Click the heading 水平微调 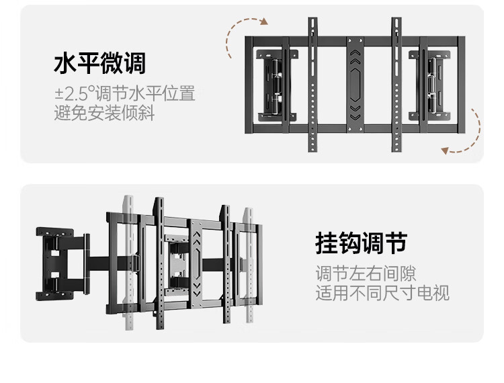[x=99, y=63]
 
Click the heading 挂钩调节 [x=362, y=243]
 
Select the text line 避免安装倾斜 [x=104, y=113]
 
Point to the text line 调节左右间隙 [x=366, y=273]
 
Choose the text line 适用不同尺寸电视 [x=382, y=293]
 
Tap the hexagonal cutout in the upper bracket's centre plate [x=355, y=85]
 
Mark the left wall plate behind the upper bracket [x=276, y=85]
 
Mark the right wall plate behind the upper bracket [x=429, y=85]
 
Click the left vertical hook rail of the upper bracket [x=312, y=85]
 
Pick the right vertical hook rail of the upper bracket [x=396, y=85]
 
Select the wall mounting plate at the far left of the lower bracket [x=54, y=264]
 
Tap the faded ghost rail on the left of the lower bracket [x=128, y=263]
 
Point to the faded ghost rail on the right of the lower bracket [x=249, y=265]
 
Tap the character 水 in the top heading [x=65, y=63]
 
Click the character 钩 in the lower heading [x=350, y=243]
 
